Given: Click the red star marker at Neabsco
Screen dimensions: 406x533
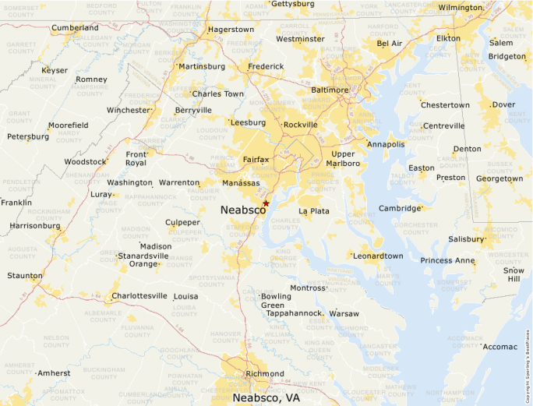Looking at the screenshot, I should (266, 203).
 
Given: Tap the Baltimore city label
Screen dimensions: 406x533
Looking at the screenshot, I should (330, 90).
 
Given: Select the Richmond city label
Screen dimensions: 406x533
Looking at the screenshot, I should (265, 373).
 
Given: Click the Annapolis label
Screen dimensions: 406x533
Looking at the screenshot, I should (387, 144).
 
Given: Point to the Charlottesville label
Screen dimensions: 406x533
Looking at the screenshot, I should (139, 296).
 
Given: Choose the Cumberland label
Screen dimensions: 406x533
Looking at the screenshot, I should (75, 28).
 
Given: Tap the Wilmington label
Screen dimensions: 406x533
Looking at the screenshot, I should (461, 8).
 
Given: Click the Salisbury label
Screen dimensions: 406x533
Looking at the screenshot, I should (466, 239).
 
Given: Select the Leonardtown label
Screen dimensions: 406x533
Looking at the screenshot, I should (378, 256).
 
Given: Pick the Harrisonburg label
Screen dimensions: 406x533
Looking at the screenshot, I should (34, 226).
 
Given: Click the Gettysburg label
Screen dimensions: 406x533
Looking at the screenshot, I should (293, 4).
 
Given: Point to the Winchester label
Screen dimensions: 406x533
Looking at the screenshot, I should (128, 111).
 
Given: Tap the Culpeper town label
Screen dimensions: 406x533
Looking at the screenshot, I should (182, 223).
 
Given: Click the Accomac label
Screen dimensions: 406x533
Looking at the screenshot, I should (500, 346).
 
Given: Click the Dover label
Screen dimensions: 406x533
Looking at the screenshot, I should (503, 104).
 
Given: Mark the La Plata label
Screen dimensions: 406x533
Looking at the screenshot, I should (314, 211).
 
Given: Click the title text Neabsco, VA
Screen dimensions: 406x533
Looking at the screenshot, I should (266, 397).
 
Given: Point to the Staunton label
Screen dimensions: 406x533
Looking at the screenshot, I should (25, 276).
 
